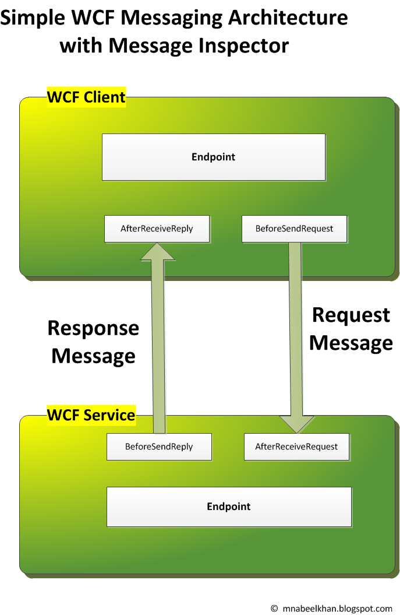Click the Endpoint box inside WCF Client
[213, 157]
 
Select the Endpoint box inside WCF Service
[228, 507]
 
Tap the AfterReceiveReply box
[157, 229]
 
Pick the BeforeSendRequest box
[294, 229]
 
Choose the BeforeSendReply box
[159, 447]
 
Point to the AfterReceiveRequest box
[296, 447]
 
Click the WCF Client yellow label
[86, 97]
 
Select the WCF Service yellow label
[91, 415]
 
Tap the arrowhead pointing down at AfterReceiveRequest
[296, 424]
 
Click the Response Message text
[93, 342]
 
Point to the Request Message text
[351, 328]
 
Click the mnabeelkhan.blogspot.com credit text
[338, 608]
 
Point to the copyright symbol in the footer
[275, 608]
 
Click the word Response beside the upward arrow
[93, 328]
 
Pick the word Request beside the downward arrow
[351, 315]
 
